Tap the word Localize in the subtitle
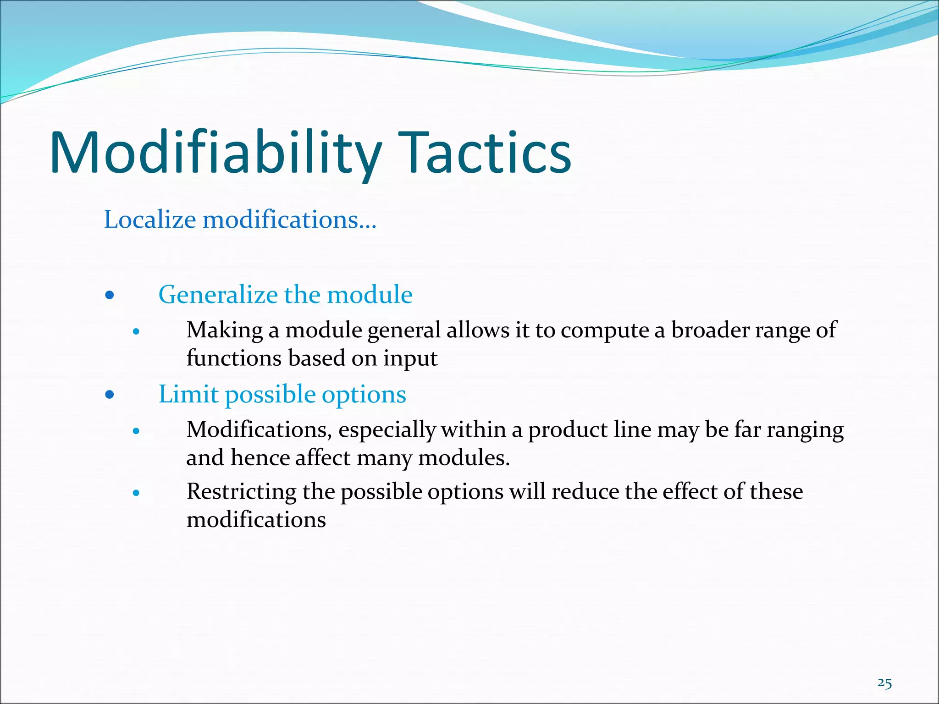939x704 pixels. (150, 219)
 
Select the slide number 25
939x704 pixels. (884, 683)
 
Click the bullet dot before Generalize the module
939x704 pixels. (109, 295)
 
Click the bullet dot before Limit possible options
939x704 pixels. (109, 395)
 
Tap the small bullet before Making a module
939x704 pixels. (136, 331)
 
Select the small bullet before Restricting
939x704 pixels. (136, 493)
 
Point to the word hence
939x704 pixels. (259, 458)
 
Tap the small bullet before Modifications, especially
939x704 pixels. (136, 431)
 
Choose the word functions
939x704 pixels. (234, 358)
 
